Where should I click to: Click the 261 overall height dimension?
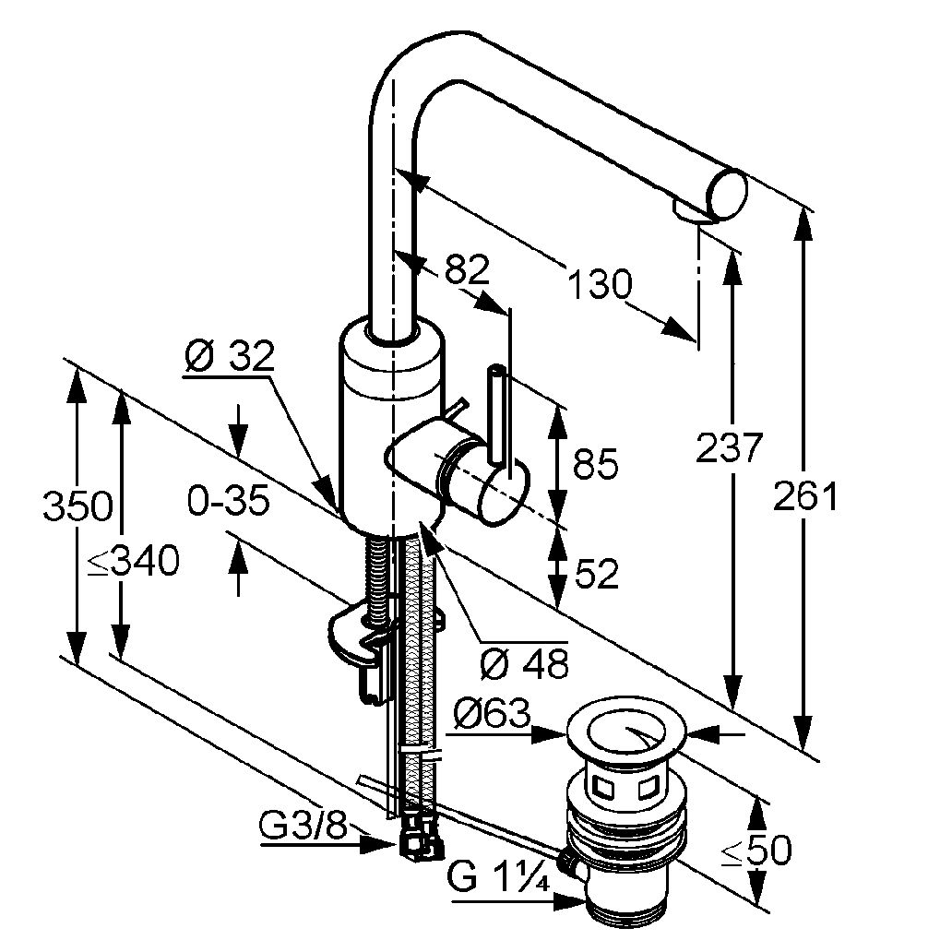[806, 497]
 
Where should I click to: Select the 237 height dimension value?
[730, 448]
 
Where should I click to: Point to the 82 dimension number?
[466, 268]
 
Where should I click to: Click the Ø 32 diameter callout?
[228, 355]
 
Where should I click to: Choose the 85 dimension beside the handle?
[596, 464]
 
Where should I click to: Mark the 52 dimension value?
[596, 575]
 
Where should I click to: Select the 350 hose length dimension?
[77, 506]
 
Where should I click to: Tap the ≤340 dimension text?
[134, 560]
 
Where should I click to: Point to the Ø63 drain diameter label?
[494, 713]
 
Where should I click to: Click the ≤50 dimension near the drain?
[756, 851]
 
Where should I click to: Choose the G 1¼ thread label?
[498, 878]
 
